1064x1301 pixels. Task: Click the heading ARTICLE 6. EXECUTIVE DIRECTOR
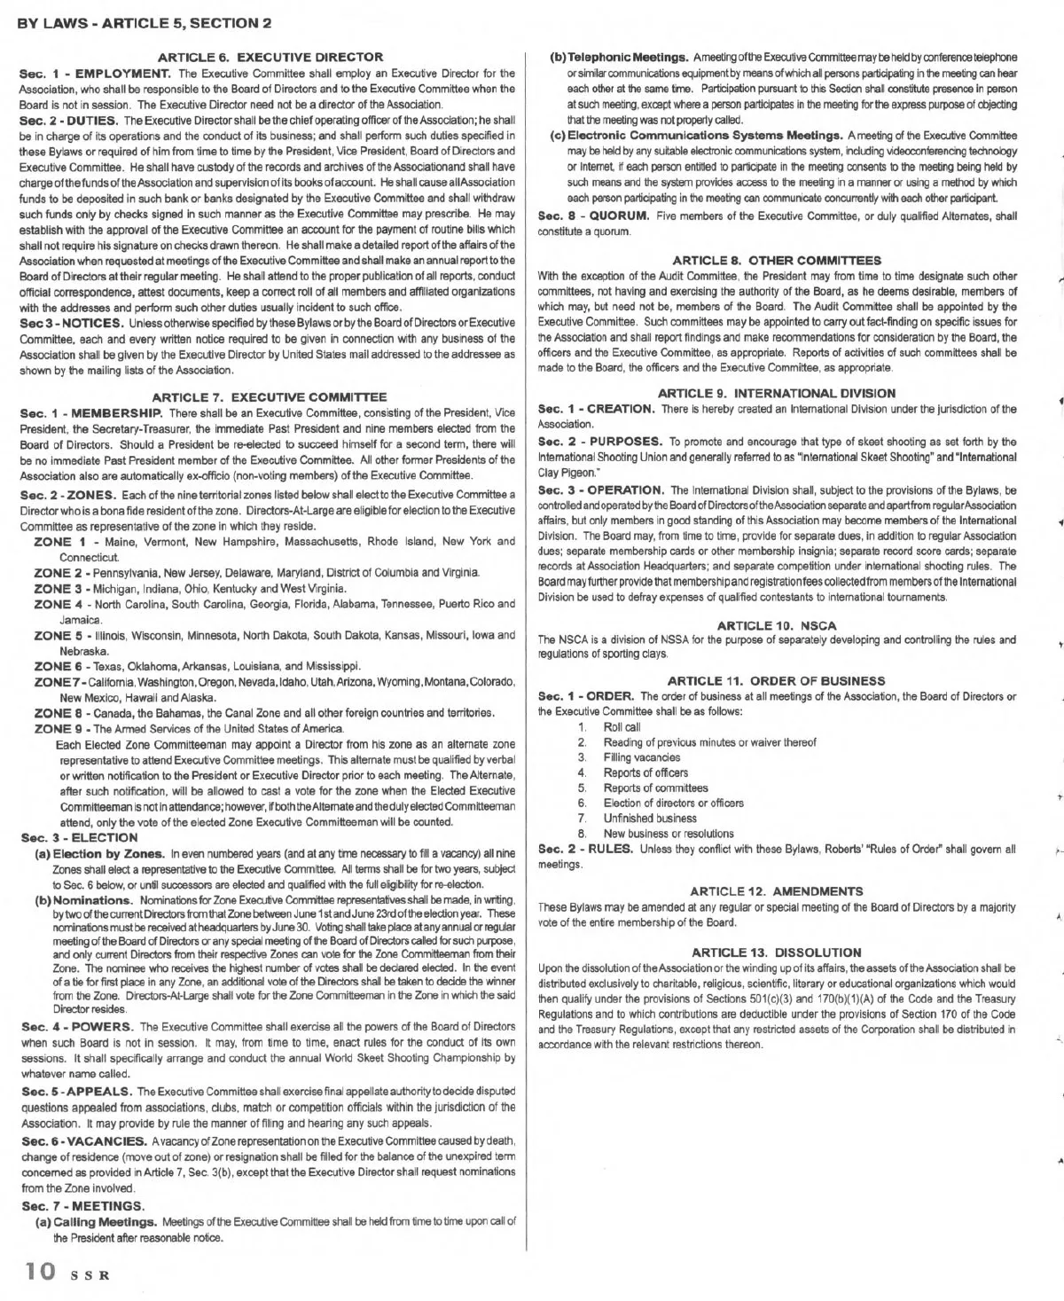pos(270,57)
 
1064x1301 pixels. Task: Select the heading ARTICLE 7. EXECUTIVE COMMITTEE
pos(270,397)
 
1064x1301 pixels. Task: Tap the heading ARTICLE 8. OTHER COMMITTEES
pos(777,260)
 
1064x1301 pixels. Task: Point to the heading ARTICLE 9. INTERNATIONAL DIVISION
pos(777,393)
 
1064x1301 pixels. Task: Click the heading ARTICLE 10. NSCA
pos(777,625)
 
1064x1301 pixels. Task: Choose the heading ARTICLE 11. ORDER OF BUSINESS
pos(777,680)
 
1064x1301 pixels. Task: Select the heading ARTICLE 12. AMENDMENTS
pos(777,890)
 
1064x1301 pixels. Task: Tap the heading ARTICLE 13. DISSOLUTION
pos(777,952)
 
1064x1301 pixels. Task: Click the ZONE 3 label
pos(59,588)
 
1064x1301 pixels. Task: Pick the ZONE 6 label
pos(59,666)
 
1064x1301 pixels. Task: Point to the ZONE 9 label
pos(59,728)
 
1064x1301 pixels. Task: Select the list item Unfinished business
pos(650,818)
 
